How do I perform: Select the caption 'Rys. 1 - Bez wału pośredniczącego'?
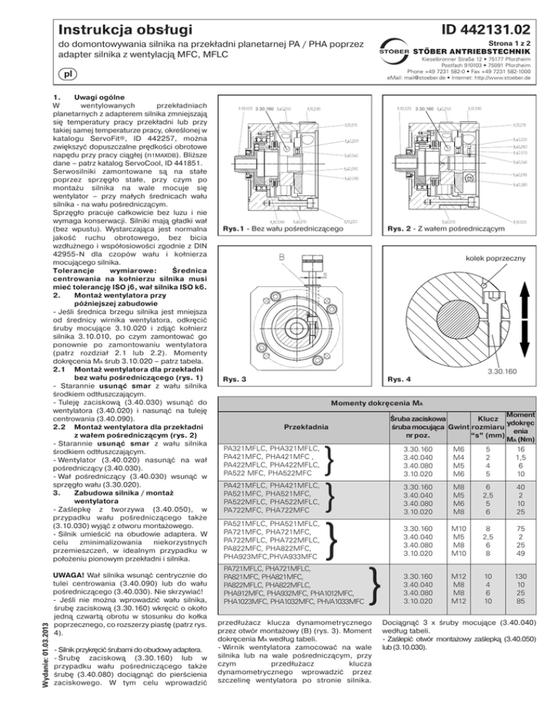284,230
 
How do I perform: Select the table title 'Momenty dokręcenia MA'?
381,401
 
